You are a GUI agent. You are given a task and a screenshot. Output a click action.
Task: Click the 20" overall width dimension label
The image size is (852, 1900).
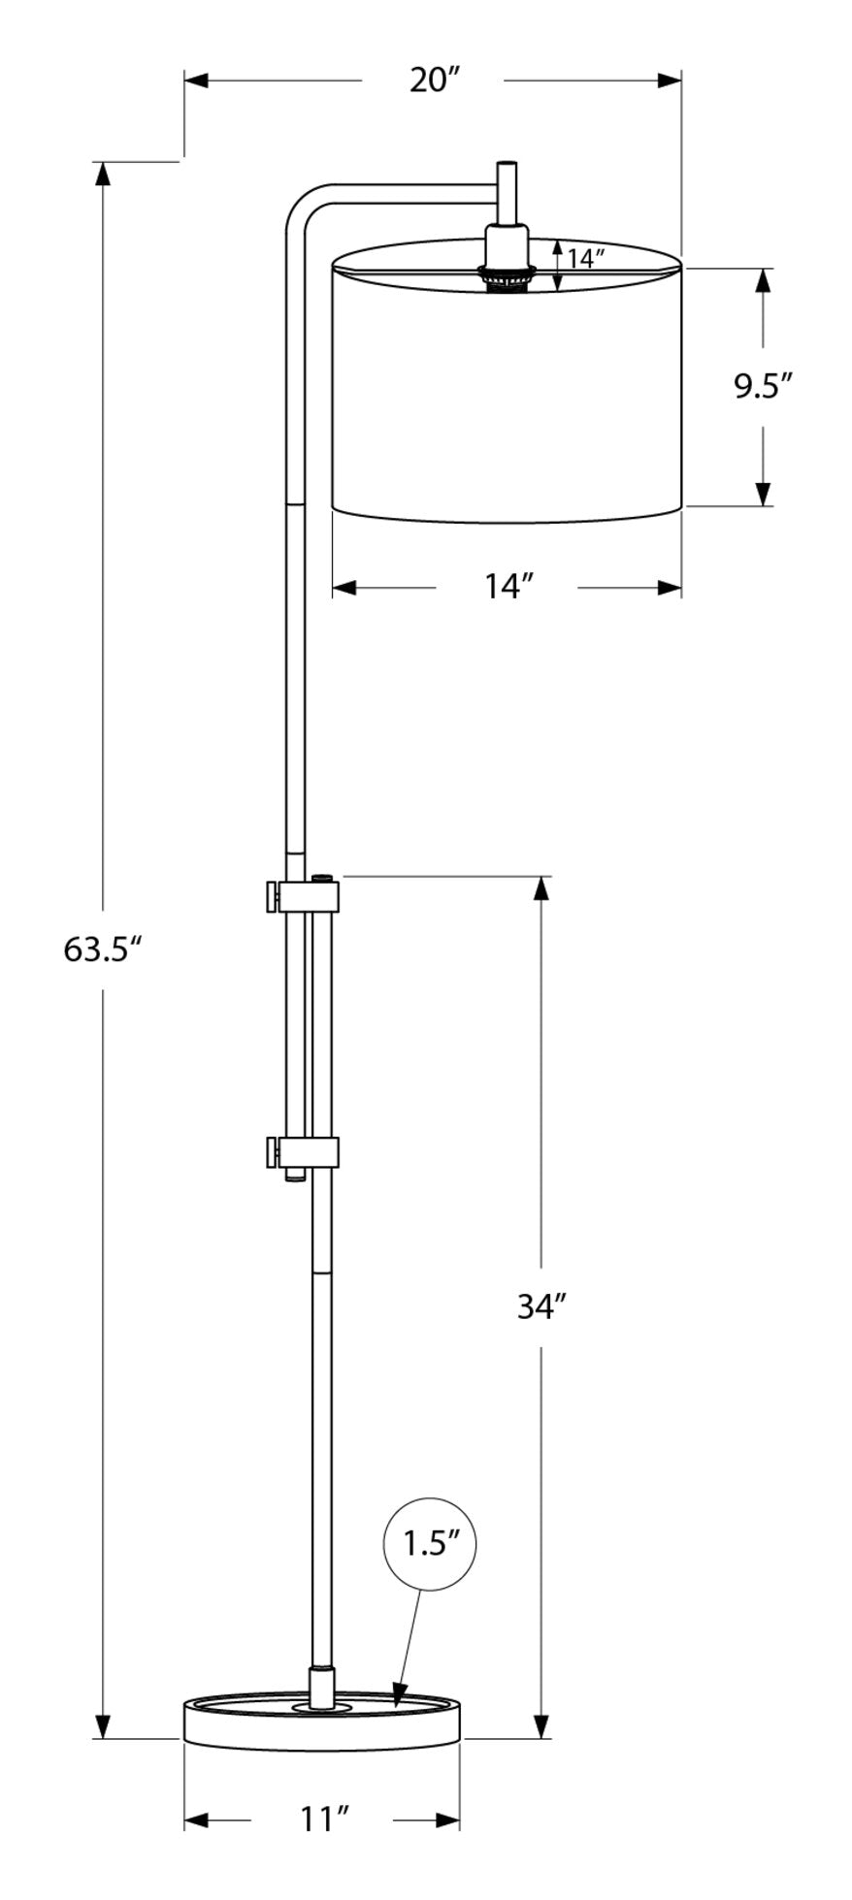(x=433, y=81)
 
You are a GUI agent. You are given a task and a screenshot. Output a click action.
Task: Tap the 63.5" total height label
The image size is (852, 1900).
(x=103, y=949)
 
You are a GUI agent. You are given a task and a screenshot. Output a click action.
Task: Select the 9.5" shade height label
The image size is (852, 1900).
(x=763, y=386)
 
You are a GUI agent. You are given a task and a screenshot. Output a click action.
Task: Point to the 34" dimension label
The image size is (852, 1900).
(x=541, y=1306)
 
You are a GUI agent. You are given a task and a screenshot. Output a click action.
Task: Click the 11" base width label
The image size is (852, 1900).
(x=323, y=1818)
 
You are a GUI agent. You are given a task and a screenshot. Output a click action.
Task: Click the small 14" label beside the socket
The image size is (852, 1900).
(x=587, y=258)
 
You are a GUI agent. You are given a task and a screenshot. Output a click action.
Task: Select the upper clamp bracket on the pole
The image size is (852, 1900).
(x=301, y=895)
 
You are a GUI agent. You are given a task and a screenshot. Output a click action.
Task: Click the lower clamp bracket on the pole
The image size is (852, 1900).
(x=301, y=1153)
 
